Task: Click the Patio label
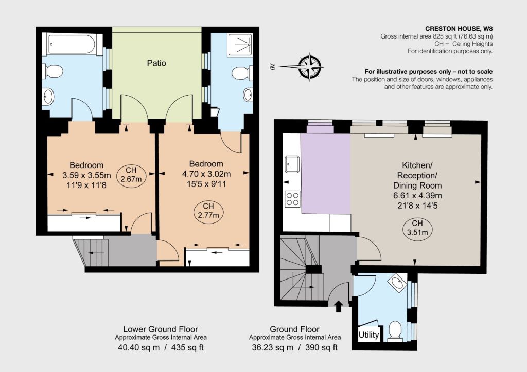click(156, 63)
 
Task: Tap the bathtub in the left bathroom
click(72, 44)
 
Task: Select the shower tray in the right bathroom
click(240, 45)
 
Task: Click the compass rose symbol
click(309, 67)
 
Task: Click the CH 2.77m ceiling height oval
click(208, 211)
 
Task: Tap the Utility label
click(368, 335)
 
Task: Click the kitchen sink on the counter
click(292, 164)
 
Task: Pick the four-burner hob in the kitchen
click(292, 198)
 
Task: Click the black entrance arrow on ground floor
click(339, 306)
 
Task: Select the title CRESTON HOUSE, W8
click(459, 29)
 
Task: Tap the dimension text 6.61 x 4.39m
click(417, 196)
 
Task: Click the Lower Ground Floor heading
click(161, 329)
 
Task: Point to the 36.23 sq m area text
click(273, 347)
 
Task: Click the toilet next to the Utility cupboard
click(395, 330)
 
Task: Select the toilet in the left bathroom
click(53, 71)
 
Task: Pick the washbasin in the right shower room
click(248, 95)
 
